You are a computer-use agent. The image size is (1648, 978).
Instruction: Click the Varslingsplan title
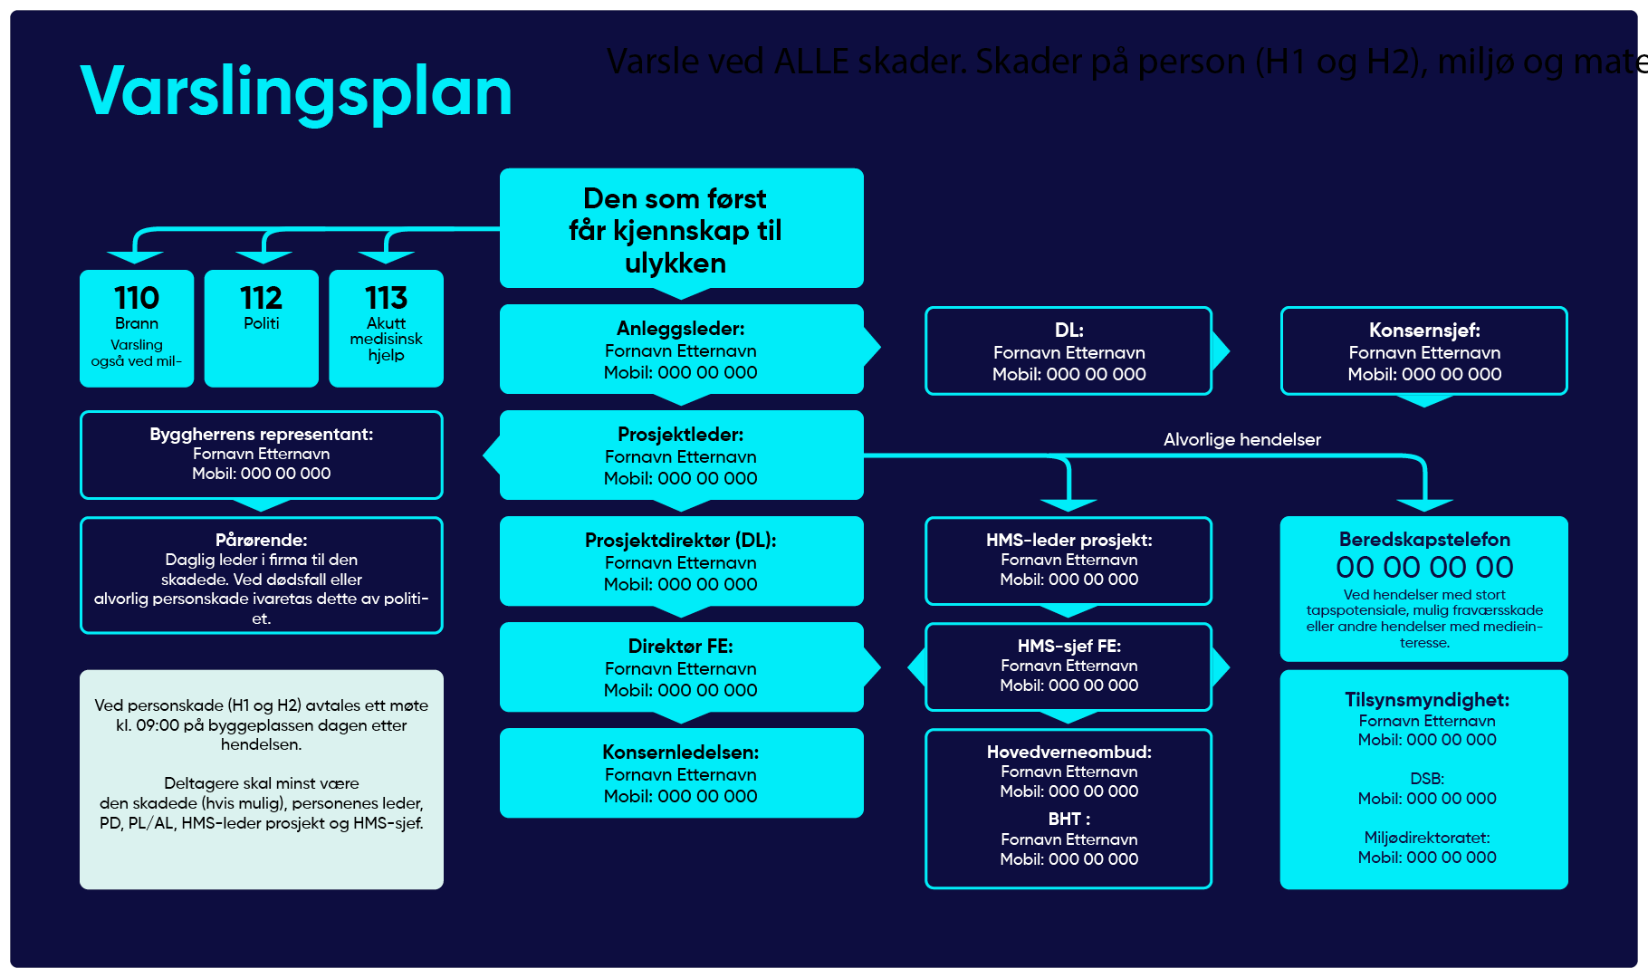click(296, 92)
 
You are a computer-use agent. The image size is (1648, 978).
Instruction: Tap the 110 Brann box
click(137, 328)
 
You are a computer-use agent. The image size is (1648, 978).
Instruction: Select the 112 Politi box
click(261, 328)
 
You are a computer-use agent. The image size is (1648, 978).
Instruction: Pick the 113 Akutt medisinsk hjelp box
click(386, 328)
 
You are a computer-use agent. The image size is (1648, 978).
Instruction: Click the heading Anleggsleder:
click(680, 329)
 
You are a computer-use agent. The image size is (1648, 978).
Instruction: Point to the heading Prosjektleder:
click(680, 435)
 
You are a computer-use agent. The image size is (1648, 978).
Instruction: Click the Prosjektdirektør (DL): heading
click(680, 541)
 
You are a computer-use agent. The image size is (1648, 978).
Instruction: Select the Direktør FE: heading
click(680, 647)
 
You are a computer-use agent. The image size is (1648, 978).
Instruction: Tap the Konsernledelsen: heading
click(680, 753)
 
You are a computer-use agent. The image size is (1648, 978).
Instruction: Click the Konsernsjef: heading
click(1424, 331)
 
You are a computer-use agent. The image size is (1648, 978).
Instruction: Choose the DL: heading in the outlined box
click(1068, 331)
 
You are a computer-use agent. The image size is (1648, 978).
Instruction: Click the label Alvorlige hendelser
click(1241, 440)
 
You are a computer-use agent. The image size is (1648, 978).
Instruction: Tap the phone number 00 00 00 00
click(1424, 568)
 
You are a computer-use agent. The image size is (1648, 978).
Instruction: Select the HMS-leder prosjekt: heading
click(1068, 541)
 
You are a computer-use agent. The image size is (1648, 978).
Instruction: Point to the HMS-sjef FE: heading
click(1068, 647)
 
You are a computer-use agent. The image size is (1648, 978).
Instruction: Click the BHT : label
click(1068, 820)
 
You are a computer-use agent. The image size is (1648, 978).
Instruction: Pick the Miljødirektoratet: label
click(1426, 839)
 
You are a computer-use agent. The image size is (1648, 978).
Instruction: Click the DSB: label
click(1426, 780)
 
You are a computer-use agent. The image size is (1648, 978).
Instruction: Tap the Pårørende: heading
click(261, 541)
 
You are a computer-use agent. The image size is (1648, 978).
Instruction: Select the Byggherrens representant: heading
click(261, 435)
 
